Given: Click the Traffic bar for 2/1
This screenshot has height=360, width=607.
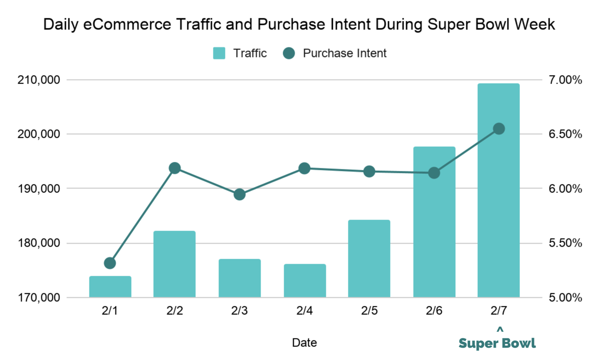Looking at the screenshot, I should coord(110,287).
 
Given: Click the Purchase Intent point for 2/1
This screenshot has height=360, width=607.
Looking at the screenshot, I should coord(110,263).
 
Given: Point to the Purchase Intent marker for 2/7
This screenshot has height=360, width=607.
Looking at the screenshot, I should coord(499,129).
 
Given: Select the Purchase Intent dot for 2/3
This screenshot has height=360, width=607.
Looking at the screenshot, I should coord(239,194).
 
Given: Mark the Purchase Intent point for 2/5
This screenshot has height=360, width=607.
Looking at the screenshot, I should coord(369,171).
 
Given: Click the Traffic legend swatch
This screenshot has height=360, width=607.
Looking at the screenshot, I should coord(219,53).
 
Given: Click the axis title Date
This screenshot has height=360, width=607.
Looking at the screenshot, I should coord(304,342).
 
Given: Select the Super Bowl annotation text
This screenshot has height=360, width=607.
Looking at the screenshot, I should coord(497,343).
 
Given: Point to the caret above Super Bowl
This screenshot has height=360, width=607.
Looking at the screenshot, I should coord(499,329).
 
